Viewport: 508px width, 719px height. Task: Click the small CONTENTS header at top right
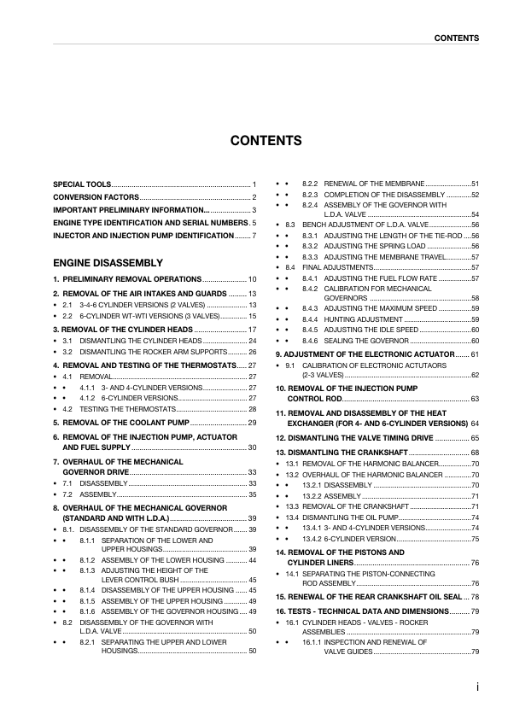[x=456, y=38]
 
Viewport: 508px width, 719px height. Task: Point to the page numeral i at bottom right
[x=476, y=686]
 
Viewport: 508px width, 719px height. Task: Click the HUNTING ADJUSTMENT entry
[x=361, y=319]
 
